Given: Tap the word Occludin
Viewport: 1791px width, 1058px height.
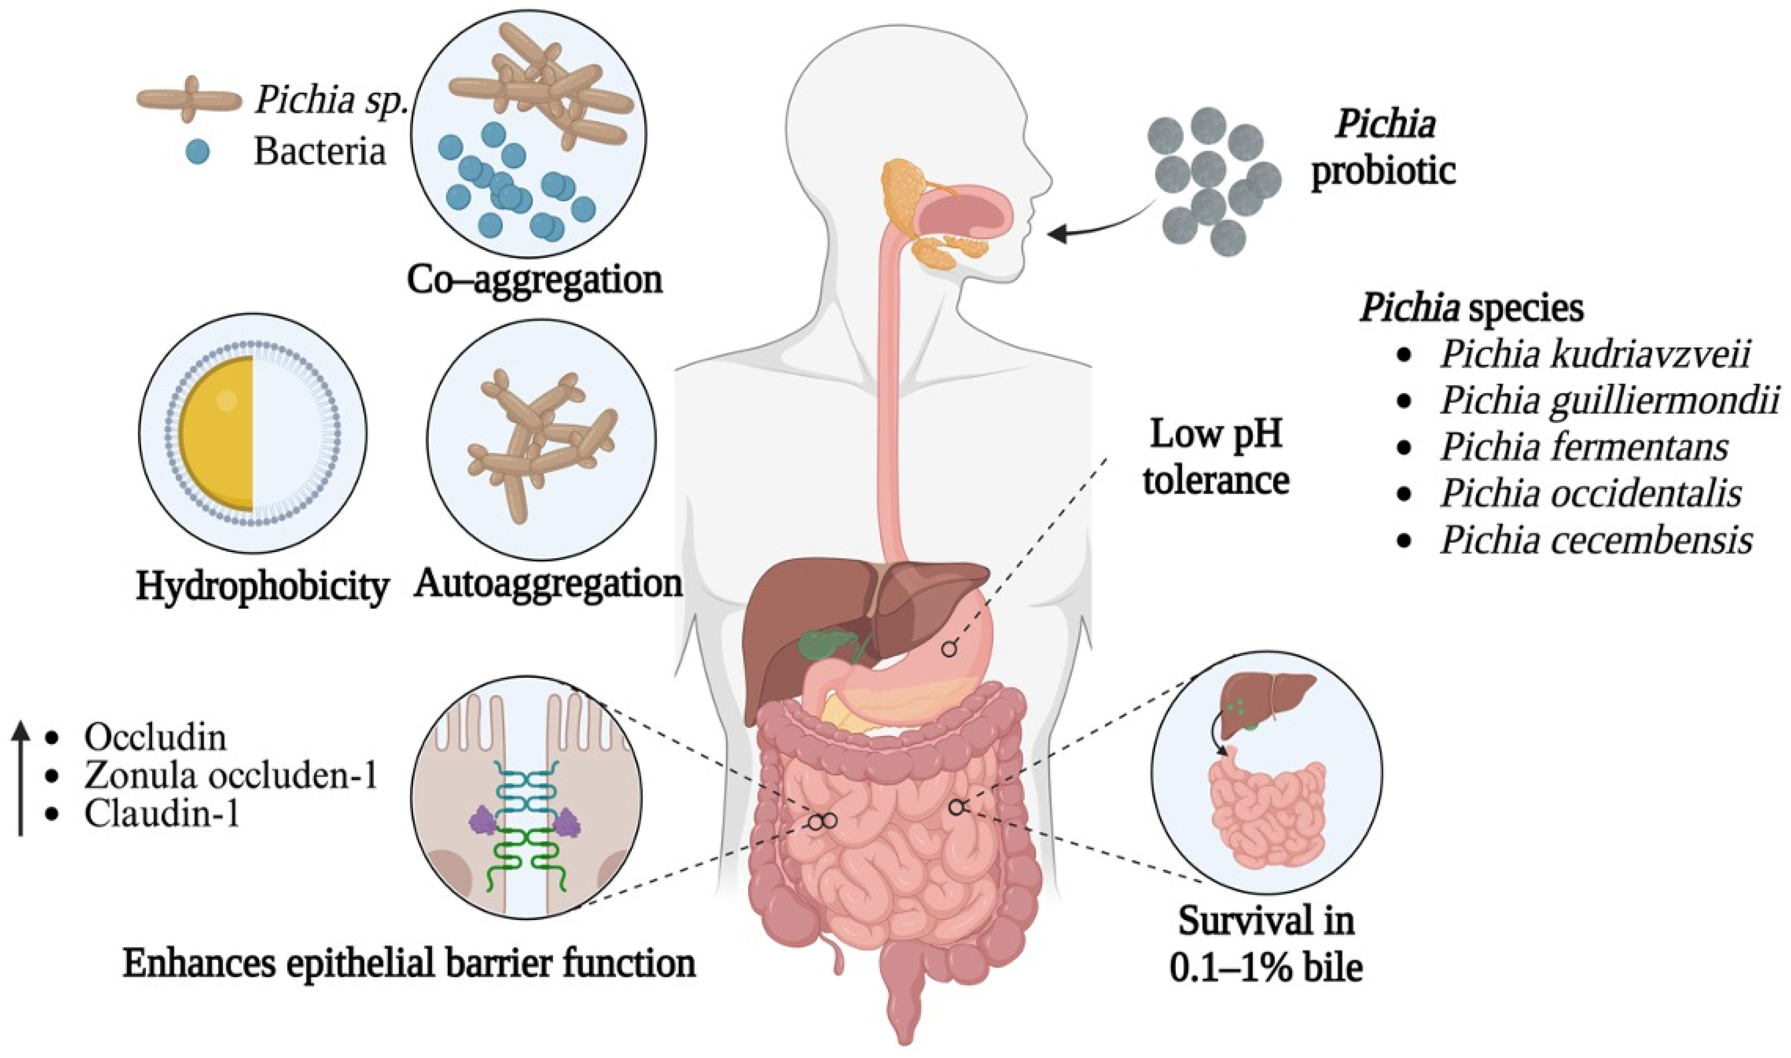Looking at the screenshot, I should (x=155, y=737).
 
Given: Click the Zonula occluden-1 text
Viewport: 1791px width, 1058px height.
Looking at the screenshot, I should (x=229, y=776).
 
